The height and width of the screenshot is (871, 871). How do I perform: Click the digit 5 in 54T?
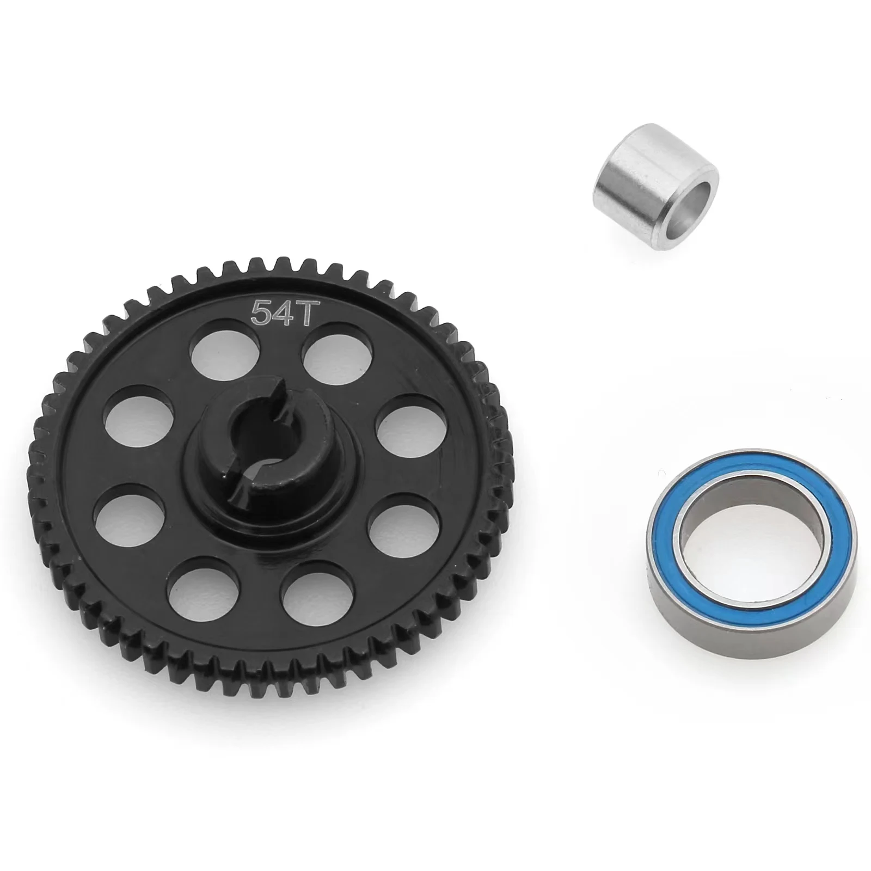257,311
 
